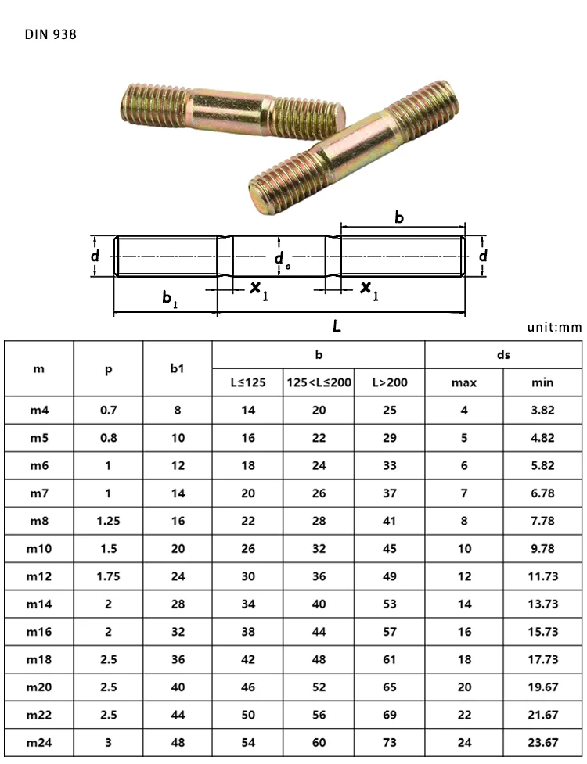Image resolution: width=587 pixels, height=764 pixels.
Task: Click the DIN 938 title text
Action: pyautogui.click(x=51, y=34)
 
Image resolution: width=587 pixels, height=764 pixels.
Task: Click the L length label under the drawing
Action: pyautogui.click(x=337, y=325)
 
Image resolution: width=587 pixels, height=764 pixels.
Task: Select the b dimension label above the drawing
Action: pyautogui.click(x=399, y=217)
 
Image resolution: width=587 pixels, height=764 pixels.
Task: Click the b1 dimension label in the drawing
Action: pyautogui.click(x=170, y=298)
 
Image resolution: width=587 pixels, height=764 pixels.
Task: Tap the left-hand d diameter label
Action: pyautogui.click(x=95, y=256)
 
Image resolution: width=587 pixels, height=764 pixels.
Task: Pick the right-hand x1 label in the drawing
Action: pyautogui.click(x=369, y=289)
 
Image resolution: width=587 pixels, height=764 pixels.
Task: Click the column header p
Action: pyautogui.click(x=108, y=368)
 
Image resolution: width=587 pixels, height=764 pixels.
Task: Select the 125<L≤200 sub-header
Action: pyautogui.click(x=319, y=382)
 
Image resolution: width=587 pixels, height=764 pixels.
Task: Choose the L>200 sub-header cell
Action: pyautogui.click(x=389, y=382)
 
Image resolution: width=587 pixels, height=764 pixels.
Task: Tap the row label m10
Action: pyautogui.click(x=39, y=548)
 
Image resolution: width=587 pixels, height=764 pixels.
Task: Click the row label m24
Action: pyautogui.click(x=39, y=742)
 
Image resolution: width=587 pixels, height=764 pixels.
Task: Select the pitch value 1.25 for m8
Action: pyautogui.click(x=108, y=521)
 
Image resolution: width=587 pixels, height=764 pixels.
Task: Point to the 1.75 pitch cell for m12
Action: pyautogui.click(x=108, y=576)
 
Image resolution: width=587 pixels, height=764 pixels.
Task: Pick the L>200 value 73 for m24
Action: pyautogui.click(x=389, y=742)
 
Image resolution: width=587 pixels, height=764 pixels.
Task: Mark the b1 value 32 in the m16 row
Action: pyautogui.click(x=178, y=632)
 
